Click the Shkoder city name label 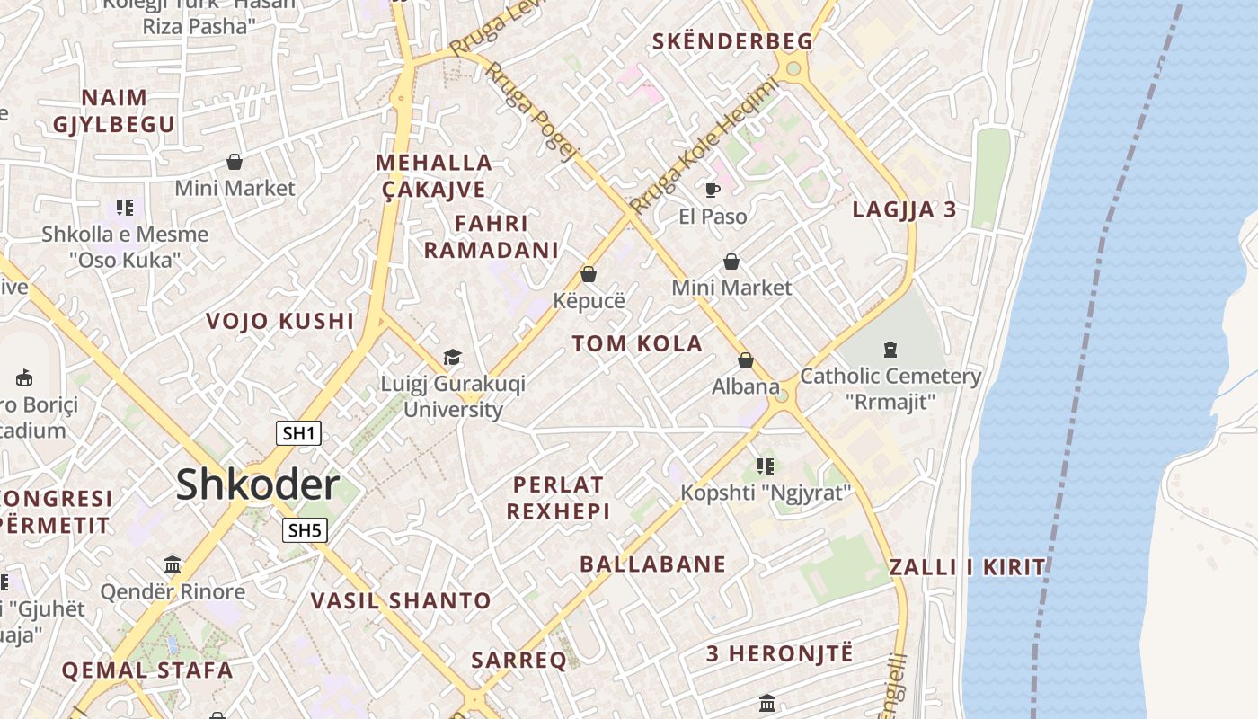(257, 485)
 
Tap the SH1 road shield (298, 433)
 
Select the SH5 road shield (304, 530)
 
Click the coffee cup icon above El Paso (713, 190)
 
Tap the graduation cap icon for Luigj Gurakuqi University (452, 358)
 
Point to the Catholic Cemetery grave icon (890, 349)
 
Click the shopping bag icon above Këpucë (589, 274)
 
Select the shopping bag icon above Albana (745, 360)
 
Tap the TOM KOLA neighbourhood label (637, 343)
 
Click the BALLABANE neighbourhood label (652, 564)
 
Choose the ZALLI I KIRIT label (967, 567)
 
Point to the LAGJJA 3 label (904, 210)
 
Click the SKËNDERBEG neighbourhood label (732, 41)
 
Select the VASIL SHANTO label (401, 600)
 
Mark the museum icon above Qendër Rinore (173, 565)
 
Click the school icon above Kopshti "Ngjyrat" (765, 466)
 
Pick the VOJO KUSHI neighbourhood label (280, 321)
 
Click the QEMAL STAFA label (147, 670)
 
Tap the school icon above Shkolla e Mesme (125, 209)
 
